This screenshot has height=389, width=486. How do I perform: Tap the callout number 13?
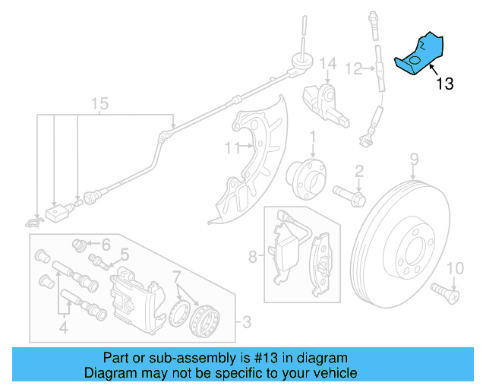pyautogui.click(x=445, y=84)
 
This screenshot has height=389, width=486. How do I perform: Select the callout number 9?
pyautogui.click(x=415, y=159)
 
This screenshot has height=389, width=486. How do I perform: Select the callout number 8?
pyautogui.click(x=254, y=257)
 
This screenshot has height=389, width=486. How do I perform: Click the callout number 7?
pyautogui.click(x=176, y=275)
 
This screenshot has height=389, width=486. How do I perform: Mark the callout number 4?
pyautogui.click(x=64, y=328)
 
